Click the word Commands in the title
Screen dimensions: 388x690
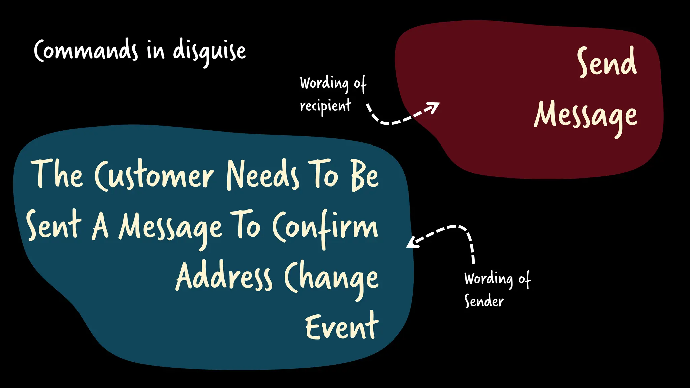[86, 51]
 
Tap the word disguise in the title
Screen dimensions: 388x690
[209, 52]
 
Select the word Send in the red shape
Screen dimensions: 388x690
[607, 62]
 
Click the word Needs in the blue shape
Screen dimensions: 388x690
[262, 175]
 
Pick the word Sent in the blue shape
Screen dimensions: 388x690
[54, 225]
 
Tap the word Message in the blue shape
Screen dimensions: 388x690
[170, 227]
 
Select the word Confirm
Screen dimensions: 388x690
[325, 227]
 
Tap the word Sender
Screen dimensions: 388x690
[484, 301]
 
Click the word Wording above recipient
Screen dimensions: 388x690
[324, 83]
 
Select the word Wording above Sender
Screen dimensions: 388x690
[489, 279]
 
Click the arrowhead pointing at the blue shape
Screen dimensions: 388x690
[412, 243]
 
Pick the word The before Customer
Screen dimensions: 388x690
[57, 174]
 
